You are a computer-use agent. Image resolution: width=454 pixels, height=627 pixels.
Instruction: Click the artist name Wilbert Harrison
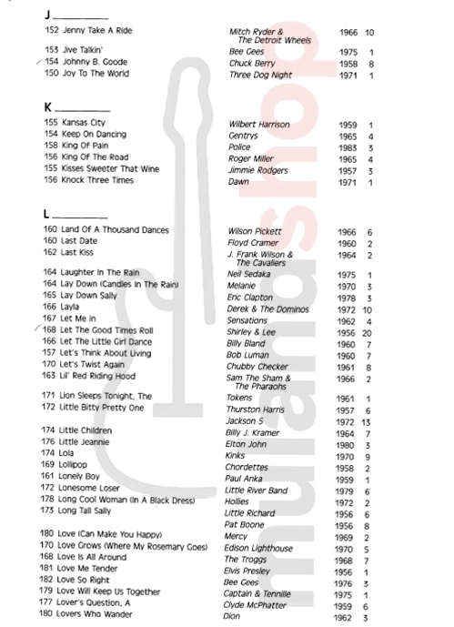[x=259, y=124]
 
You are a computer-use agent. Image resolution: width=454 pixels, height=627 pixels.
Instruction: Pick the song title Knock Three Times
[x=91, y=180]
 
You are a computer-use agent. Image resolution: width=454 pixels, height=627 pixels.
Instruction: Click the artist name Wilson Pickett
[x=256, y=231]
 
